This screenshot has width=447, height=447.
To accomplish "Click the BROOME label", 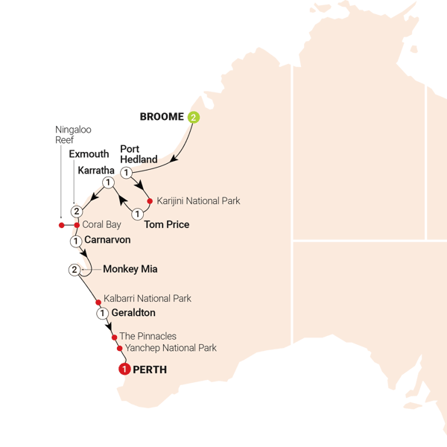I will click(x=164, y=117).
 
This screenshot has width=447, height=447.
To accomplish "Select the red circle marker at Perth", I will click(x=124, y=369).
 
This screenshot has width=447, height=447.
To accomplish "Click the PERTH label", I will click(x=150, y=369).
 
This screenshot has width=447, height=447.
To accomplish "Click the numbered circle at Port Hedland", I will click(x=126, y=173).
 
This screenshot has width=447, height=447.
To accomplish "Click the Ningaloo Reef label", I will click(x=74, y=134).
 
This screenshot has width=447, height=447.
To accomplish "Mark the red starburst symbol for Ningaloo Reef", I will click(x=62, y=224).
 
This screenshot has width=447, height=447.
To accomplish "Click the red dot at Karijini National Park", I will click(x=150, y=201).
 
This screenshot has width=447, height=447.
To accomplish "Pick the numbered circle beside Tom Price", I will click(x=137, y=215).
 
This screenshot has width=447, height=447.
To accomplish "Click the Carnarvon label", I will click(x=107, y=241).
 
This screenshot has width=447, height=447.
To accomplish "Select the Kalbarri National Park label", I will click(x=148, y=299).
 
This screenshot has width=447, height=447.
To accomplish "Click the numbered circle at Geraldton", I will click(x=101, y=314).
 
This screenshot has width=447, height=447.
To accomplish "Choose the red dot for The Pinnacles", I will click(x=114, y=337).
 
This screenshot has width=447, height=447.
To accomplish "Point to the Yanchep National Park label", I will click(x=171, y=348).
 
